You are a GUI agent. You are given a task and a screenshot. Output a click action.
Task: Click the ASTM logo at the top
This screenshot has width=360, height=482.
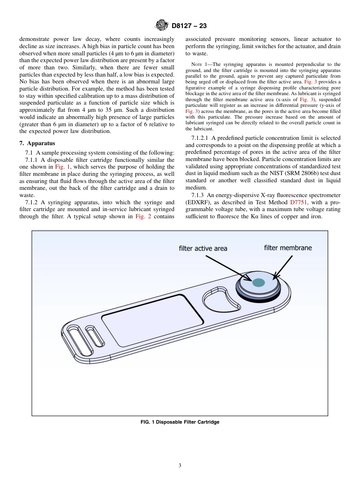pyautogui.click(x=161, y=26)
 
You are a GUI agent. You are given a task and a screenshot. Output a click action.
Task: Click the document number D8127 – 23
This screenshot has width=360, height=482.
pyautogui.click(x=189, y=26)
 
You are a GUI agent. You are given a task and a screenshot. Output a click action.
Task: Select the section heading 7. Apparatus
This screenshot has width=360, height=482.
pyautogui.click(x=37, y=143)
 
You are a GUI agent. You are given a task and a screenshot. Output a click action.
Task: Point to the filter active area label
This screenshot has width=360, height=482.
pyautogui.click(x=203, y=249)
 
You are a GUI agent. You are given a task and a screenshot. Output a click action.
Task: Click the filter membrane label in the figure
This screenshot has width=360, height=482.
pyautogui.click(x=288, y=248)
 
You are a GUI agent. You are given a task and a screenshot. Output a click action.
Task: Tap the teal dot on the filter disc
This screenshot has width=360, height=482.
pyautogui.click(x=258, y=282)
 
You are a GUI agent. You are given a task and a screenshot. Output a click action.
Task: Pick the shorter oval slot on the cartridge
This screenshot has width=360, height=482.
pyautogui.click(x=95, y=335)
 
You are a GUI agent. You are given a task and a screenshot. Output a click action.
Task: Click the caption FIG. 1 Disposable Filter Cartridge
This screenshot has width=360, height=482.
pyautogui.click(x=180, y=422)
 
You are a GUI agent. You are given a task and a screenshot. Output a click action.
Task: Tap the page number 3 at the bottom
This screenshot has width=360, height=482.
pyautogui.click(x=180, y=466)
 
